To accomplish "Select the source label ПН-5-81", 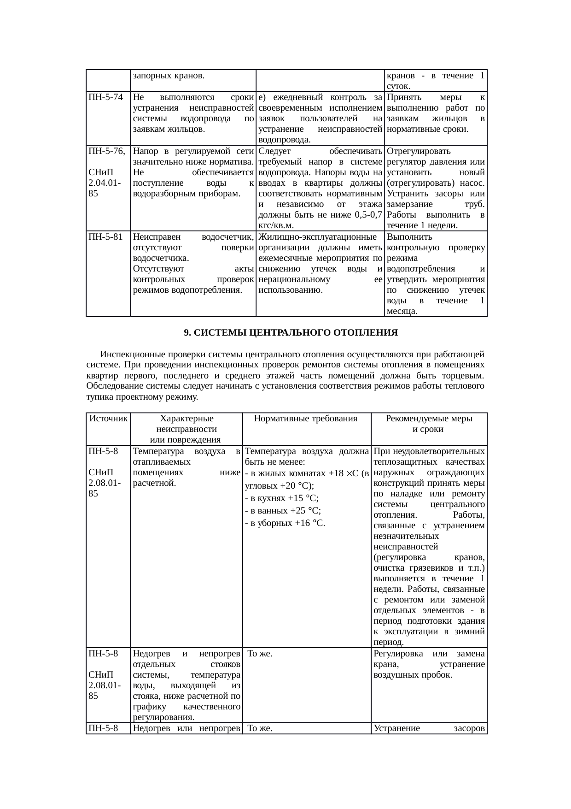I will [105, 237].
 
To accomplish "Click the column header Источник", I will [108, 419].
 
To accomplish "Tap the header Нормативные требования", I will [306, 419].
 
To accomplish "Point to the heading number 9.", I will [186, 332].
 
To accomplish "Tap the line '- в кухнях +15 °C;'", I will [282, 498].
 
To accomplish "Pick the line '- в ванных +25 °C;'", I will [283, 510].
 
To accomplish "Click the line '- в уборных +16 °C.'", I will [285, 523].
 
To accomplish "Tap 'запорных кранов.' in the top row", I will [169, 75].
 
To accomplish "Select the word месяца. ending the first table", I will [402, 311].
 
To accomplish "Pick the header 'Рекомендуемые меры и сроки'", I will [429, 424].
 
